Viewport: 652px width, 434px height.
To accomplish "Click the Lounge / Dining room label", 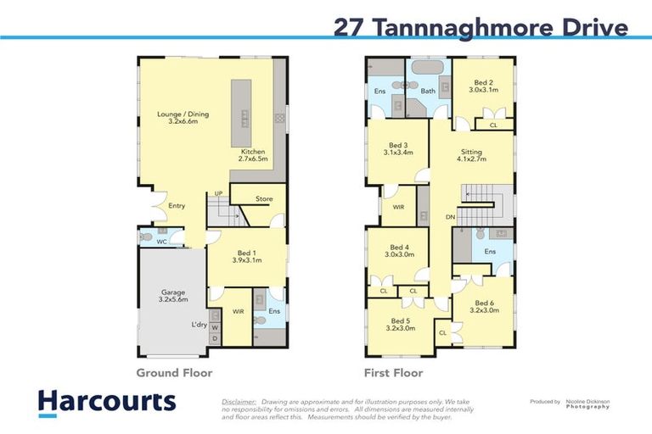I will coord(183,118).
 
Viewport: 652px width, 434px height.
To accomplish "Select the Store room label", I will coord(264,200).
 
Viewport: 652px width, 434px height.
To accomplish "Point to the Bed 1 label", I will coord(248,257).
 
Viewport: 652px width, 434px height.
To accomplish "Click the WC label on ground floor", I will coord(161,242).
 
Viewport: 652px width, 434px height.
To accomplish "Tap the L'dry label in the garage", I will coord(199,324).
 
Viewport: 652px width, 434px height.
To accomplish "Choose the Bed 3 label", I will coord(397,149).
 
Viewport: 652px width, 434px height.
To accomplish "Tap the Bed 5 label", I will coord(400,325).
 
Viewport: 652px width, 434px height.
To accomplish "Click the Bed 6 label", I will coord(483,307).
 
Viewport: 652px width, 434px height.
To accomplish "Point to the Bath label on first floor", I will coord(428,91).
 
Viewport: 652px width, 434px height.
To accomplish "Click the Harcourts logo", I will coord(106,402).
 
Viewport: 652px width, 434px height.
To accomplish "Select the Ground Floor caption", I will coord(175,372).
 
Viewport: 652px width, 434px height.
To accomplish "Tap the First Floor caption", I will coord(395,372).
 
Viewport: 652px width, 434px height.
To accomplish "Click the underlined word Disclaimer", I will coord(239,402).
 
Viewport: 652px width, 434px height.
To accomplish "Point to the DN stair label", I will coord(450,217).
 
